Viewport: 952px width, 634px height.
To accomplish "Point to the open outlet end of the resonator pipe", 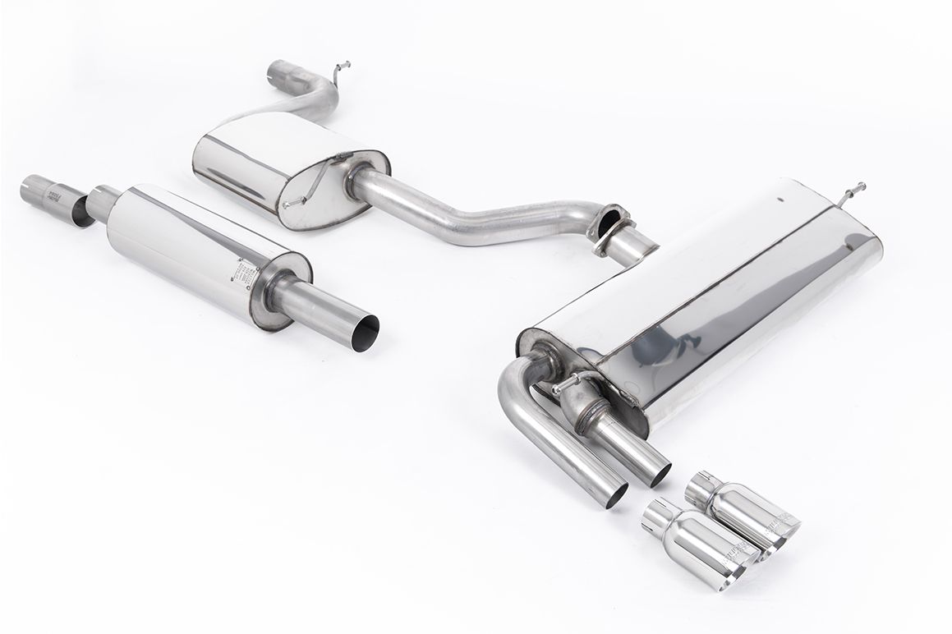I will (366, 327).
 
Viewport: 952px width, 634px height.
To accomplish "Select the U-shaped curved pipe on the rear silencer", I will (526, 411).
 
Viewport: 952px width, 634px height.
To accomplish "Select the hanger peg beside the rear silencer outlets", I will (567, 383).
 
